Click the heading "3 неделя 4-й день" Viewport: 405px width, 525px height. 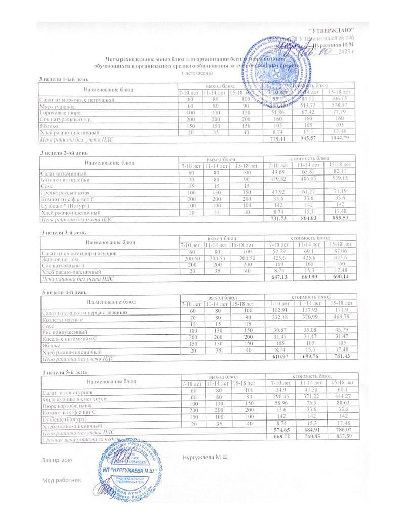point(64,292)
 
